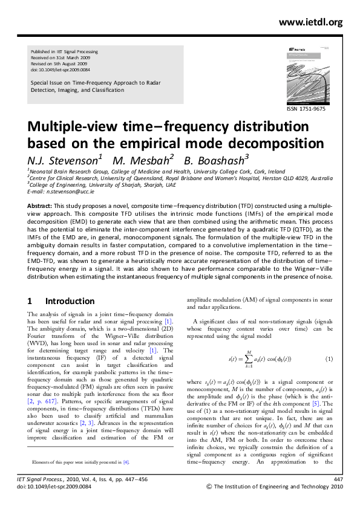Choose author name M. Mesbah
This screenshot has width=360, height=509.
[148, 160]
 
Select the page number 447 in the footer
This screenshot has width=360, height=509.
[338, 478]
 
